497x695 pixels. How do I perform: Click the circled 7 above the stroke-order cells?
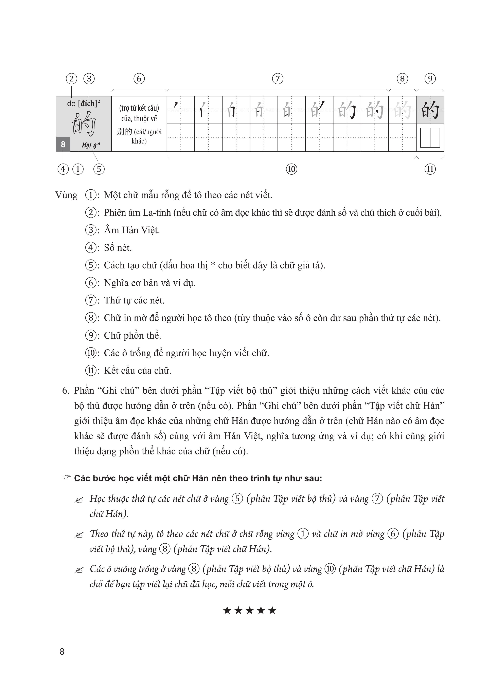coord(277,79)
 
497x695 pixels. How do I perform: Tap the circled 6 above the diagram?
coord(139,79)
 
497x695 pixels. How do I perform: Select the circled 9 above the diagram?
coord(430,79)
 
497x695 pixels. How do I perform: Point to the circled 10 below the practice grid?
coord(291,169)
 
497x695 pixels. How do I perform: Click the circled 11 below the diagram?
coord(430,169)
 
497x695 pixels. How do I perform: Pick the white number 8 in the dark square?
coord(63,144)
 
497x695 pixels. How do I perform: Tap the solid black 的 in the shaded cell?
coord(430,110)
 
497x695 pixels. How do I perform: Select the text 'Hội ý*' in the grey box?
coord(91,145)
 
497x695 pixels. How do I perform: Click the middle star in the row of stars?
coord(249,611)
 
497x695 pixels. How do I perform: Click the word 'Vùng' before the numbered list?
coord(66,195)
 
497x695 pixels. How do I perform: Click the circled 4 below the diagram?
coord(63,169)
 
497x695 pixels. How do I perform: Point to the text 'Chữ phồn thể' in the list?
coord(132,335)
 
